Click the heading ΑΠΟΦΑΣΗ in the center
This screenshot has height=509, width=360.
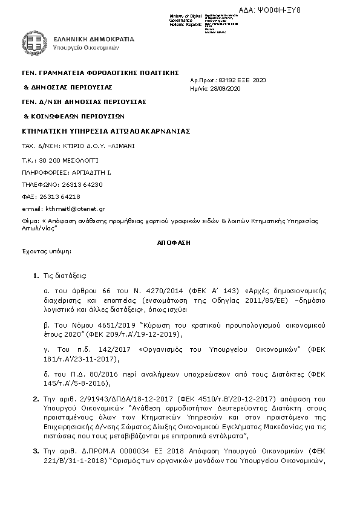point(174,241)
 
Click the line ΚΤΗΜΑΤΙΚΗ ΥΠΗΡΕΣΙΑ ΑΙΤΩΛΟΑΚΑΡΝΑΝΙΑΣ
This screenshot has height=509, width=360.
point(106,131)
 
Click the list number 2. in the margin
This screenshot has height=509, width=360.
point(35,400)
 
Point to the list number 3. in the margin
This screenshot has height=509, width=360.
point(35,451)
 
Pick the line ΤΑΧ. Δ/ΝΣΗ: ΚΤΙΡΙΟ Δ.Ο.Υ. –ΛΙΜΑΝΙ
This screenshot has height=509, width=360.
point(79,146)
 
